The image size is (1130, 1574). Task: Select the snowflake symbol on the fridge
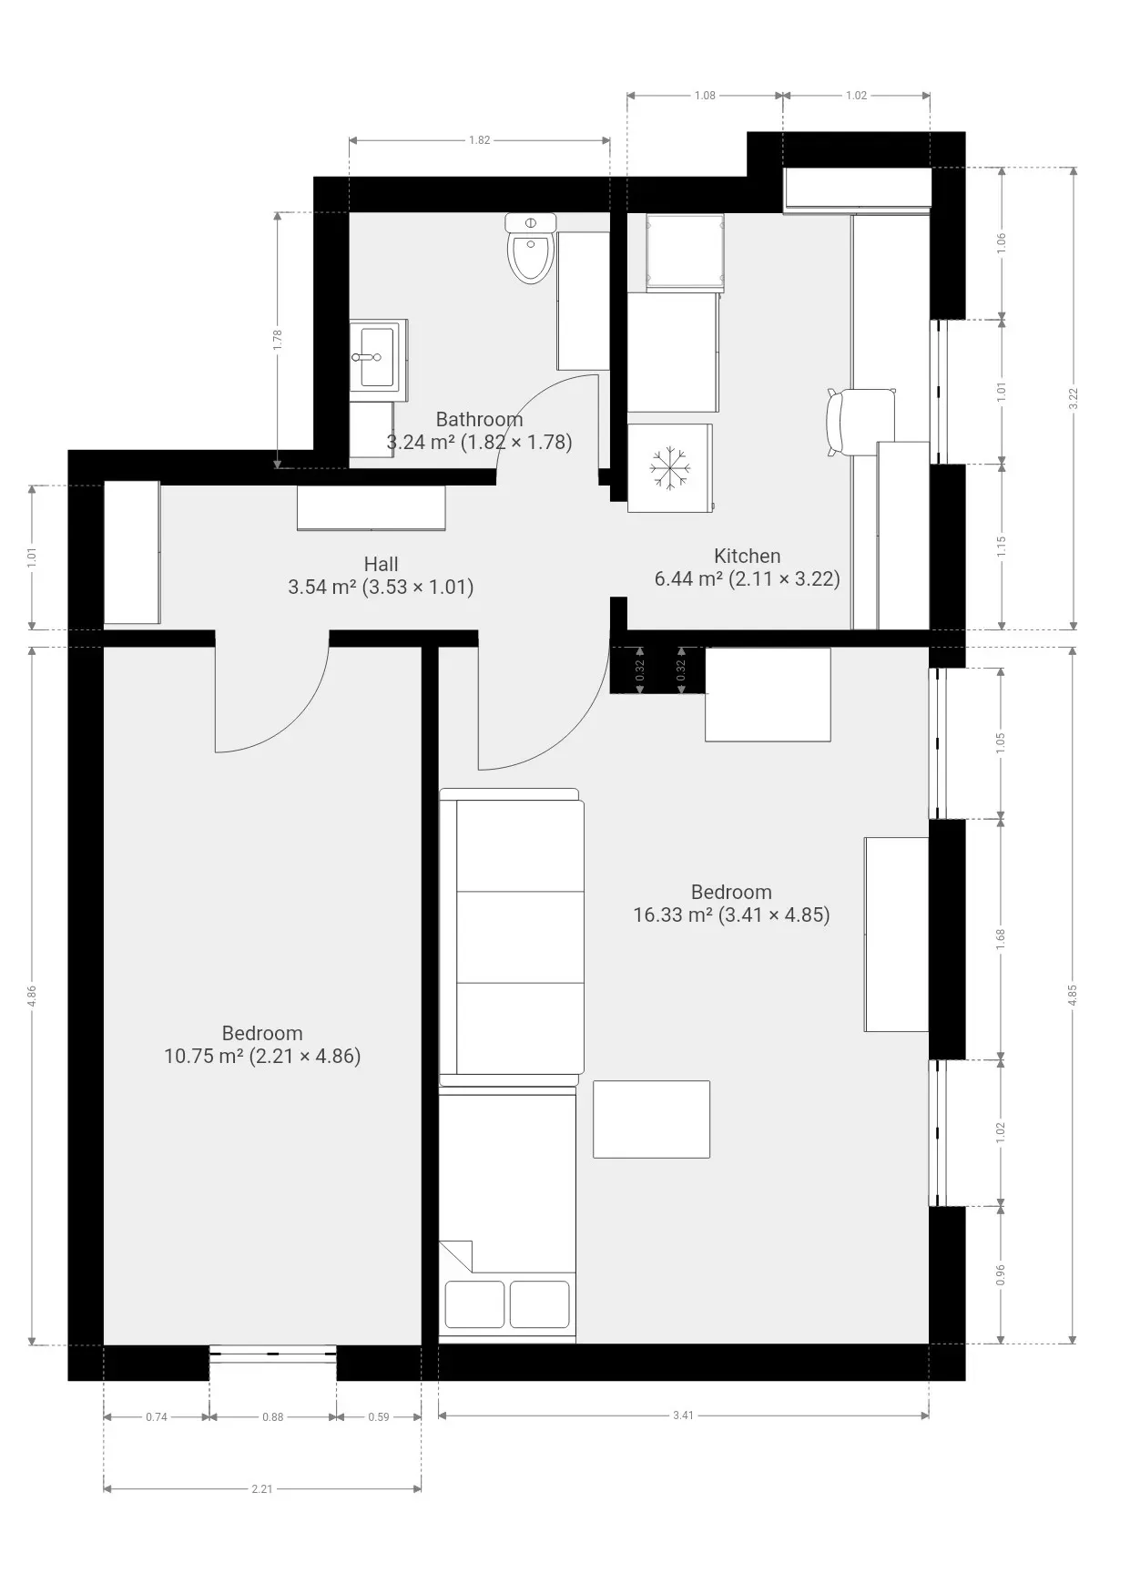click(x=669, y=468)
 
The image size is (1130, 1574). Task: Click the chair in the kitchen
click(x=860, y=422)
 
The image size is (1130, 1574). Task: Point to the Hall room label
click(x=381, y=564)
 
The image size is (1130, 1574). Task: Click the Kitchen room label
click(x=747, y=556)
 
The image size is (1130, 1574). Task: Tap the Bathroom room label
click(x=479, y=419)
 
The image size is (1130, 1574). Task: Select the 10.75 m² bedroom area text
click(x=262, y=1056)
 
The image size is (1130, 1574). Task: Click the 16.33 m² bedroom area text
click(x=731, y=915)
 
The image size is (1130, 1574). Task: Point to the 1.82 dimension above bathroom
click(x=480, y=140)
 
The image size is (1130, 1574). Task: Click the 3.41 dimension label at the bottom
click(x=683, y=1416)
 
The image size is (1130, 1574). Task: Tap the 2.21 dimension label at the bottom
click(x=261, y=1489)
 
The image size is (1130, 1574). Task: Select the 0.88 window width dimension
click(x=272, y=1416)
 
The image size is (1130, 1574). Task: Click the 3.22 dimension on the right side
click(x=1074, y=399)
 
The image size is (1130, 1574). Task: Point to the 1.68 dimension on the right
click(x=1001, y=939)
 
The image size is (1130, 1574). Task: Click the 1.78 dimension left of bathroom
click(x=278, y=340)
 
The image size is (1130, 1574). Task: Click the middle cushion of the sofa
click(x=519, y=936)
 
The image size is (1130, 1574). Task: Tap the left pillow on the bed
click(x=474, y=1304)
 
